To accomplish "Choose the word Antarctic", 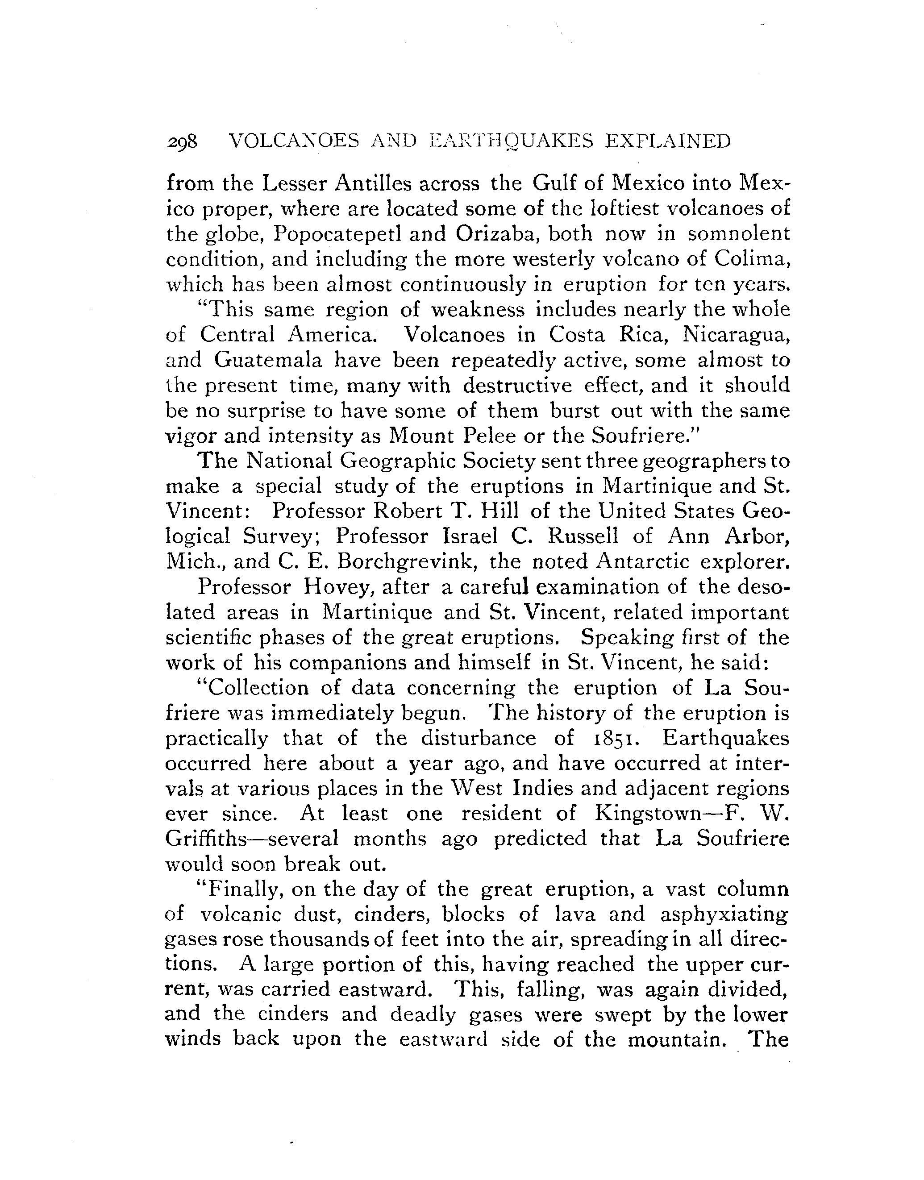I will pyautogui.click(x=643, y=562).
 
